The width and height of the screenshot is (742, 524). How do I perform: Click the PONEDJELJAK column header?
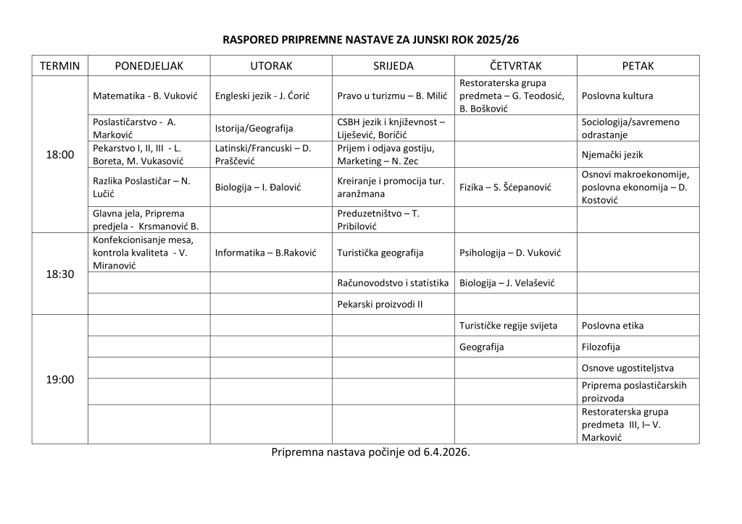coord(149,66)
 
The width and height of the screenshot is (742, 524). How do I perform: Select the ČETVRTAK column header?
coord(516,66)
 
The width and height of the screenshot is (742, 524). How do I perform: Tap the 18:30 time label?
coord(60,274)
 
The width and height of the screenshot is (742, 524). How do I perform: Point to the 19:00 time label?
coord(60,379)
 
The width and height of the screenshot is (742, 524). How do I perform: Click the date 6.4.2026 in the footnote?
coord(447,453)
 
